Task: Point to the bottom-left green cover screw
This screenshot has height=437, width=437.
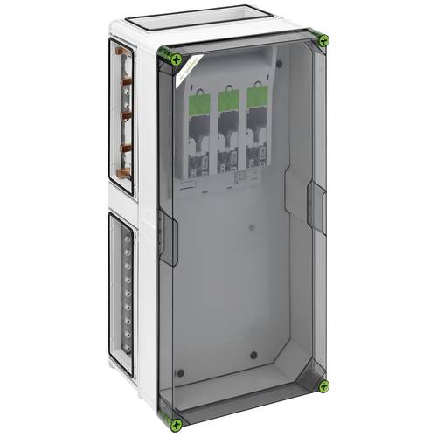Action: pyautogui.click(x=177, y=424)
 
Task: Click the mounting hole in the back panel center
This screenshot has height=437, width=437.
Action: pyautogui.click(x=252, y=229)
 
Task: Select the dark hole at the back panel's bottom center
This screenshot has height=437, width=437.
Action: pyautogui.click(x=253, y=357)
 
